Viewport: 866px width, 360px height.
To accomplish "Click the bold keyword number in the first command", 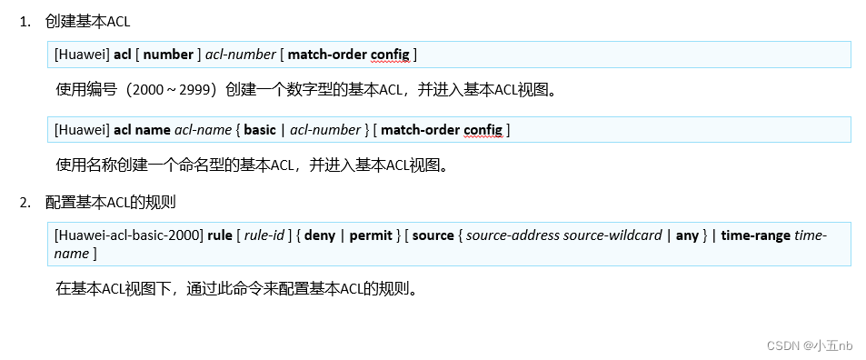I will coord(169,55).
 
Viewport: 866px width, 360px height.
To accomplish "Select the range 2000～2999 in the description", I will coord(174,90).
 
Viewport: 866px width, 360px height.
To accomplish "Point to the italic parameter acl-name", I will coord(203,130).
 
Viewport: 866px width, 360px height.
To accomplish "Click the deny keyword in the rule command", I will coord(320,235).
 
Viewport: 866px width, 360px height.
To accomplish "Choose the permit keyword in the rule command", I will coord(371,235).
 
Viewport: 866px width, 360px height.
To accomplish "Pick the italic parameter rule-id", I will coord(266,235).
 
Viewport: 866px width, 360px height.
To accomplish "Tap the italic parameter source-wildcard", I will coord(613,235).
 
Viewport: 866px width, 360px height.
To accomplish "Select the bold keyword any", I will coord(688,235).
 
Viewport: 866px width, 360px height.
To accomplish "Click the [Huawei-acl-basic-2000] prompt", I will coord(129,235).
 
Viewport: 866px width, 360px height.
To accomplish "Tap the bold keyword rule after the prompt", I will coord(220,235).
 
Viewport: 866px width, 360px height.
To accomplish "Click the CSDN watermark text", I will coord(782,345).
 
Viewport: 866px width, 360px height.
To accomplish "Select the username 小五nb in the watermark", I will coord(833,345).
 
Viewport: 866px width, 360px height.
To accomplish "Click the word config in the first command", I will coord(391,55).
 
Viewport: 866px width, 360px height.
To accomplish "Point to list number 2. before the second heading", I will coord(25,201).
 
